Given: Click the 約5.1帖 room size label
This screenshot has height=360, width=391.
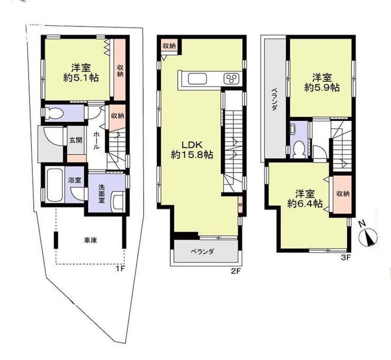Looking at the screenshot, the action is coord(81,78).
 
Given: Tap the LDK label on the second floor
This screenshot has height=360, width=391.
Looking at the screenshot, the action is coord(192,145).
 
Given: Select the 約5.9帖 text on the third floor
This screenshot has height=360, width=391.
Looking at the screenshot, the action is coord(322,88).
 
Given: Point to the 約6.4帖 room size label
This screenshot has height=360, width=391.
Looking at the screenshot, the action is coord(305,204).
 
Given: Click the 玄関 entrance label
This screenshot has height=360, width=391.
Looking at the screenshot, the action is coord(76,140).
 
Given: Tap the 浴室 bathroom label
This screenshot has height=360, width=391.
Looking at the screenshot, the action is coord(75,180).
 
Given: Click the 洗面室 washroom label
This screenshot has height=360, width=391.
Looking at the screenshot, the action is coord(101,194).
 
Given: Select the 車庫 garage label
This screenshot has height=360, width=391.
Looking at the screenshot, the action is coord(90,240).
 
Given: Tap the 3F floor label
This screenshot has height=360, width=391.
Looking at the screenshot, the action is coord(346,258).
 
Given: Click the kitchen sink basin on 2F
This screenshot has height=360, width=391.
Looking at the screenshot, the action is coord(198,79).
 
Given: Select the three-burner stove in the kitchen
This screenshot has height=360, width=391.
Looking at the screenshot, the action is coord(232,79).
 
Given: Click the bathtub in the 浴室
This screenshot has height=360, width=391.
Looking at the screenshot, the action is coord(54,186).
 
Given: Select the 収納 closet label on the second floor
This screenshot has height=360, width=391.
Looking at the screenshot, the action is coord(169,45).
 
